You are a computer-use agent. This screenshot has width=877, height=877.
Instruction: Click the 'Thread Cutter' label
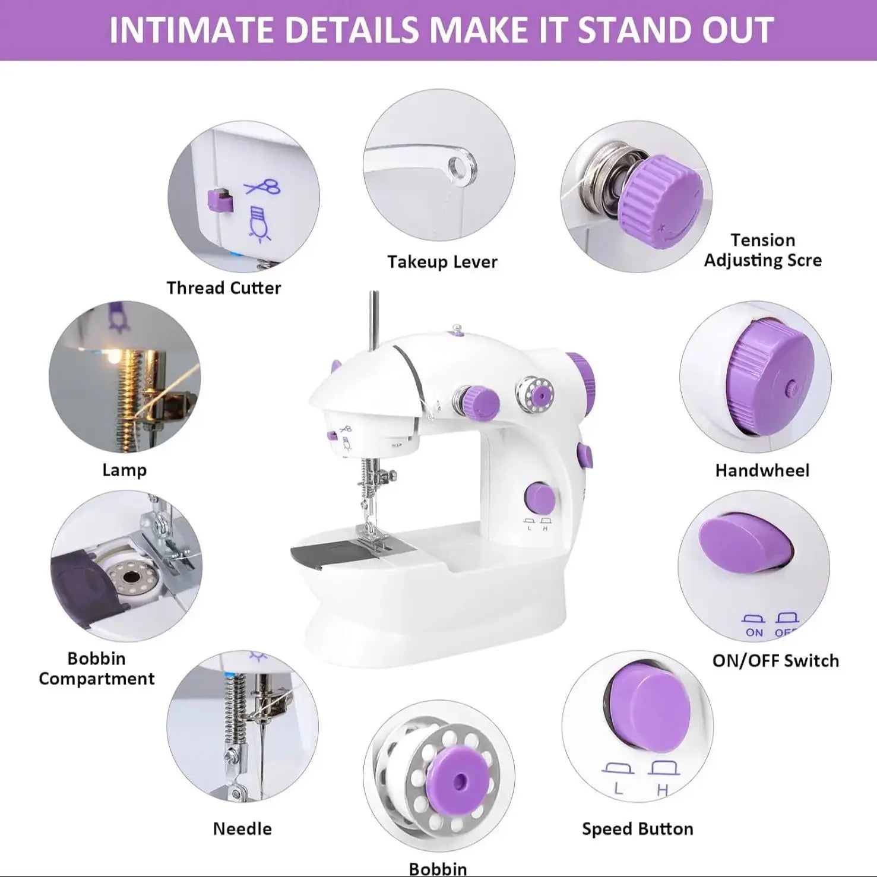[223, 288]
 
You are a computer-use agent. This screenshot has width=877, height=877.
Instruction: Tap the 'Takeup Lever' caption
[442, 262]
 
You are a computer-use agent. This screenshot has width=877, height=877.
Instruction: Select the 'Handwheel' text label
[762, 470]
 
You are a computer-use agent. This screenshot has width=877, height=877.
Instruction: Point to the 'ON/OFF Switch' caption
[775, 660]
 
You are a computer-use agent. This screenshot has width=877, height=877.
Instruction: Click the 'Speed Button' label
[637, 829]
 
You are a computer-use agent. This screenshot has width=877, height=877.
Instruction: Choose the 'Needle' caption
[242, 828]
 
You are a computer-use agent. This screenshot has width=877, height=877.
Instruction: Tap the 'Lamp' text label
[124, 470]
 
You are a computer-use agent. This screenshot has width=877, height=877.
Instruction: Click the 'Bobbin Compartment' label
[97, 669]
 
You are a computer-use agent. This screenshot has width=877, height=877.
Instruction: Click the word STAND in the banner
[635, 30]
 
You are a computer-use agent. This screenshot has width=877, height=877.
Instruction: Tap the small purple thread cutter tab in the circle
[219, 200]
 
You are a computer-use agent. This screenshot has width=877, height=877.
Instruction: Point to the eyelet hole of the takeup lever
[458, 166]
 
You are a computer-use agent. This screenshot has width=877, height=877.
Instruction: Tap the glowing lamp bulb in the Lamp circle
[112, 356]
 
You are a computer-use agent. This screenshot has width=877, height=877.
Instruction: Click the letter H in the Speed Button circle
[663, 790]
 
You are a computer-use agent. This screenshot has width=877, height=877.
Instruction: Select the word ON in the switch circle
[754, 632]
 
